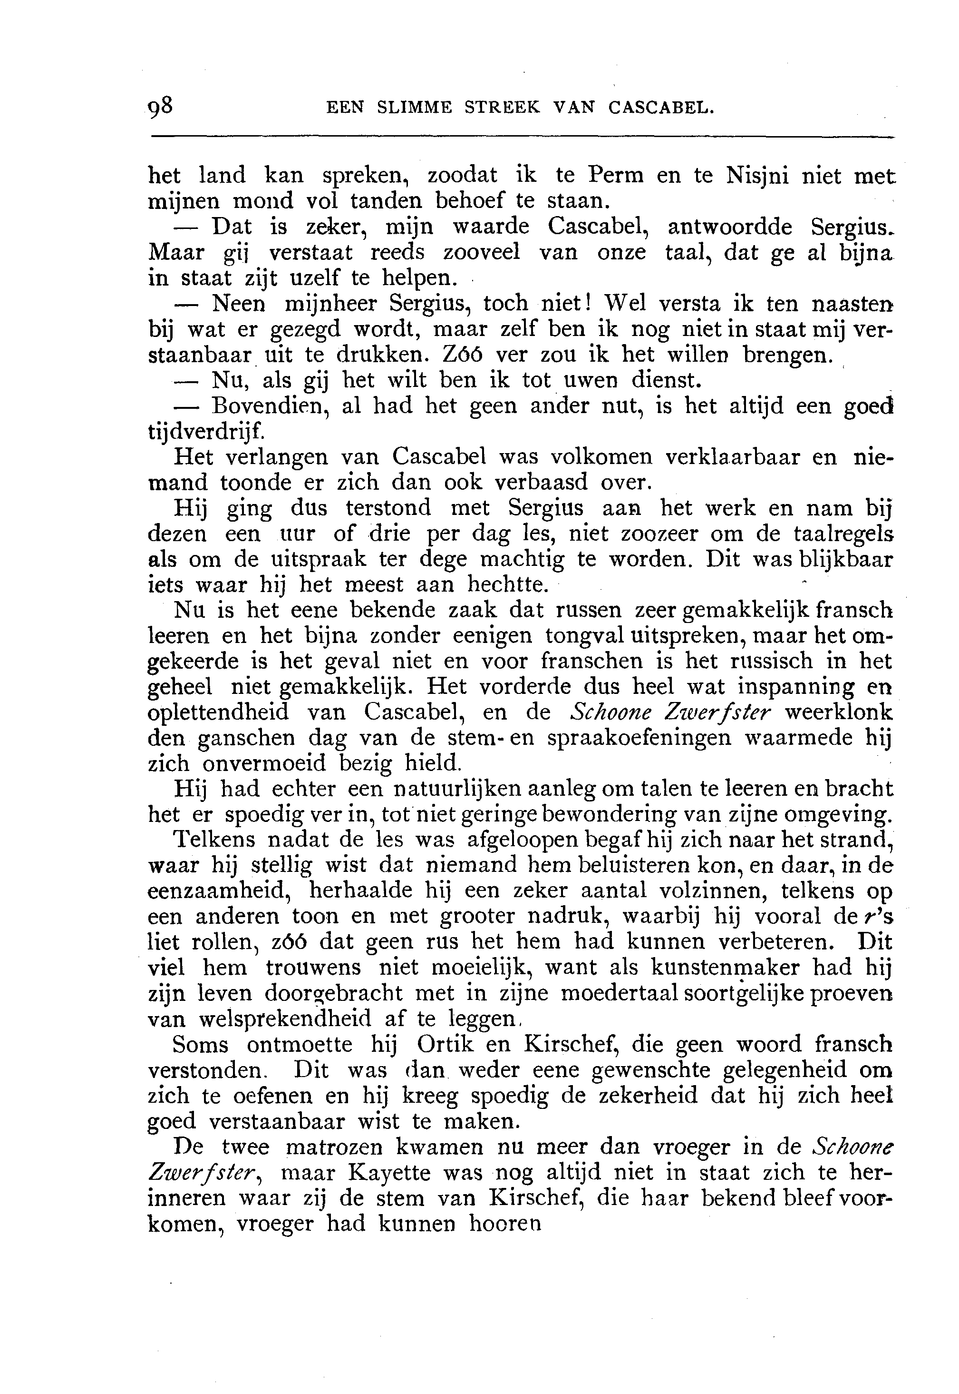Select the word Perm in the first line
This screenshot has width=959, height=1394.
(x=615, y=176)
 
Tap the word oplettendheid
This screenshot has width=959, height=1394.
(x=219, y=713)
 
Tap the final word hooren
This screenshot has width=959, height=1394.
(x=505, y=1225)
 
